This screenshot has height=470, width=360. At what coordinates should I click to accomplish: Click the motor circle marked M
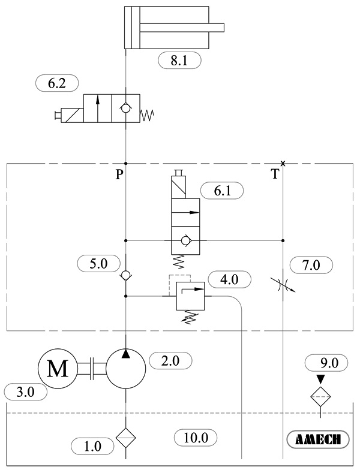[x=58, y=369]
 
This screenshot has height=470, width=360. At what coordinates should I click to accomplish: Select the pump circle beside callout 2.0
[x=126, y=369]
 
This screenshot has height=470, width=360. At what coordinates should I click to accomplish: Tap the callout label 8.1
[x=179, y=60]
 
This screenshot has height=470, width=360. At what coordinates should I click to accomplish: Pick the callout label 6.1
[x=223, y=191]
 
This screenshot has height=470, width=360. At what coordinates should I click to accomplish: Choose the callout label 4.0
[x=229, y=278]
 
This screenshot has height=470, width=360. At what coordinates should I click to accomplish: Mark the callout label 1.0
[x=92, y=445]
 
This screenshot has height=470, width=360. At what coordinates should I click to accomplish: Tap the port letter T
[x=274, y=174]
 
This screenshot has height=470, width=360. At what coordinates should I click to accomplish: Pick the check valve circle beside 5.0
[x=126, y=276]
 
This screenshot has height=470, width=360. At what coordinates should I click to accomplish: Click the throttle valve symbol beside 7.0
[x=282, y=284]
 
